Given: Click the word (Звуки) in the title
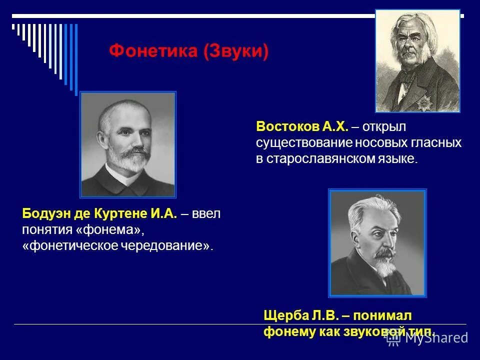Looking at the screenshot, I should [236, 51].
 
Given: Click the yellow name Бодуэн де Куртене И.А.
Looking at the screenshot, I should [99, 214].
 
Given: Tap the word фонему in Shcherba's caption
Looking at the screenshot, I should [289, 331].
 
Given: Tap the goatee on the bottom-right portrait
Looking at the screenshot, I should [383, 267].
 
